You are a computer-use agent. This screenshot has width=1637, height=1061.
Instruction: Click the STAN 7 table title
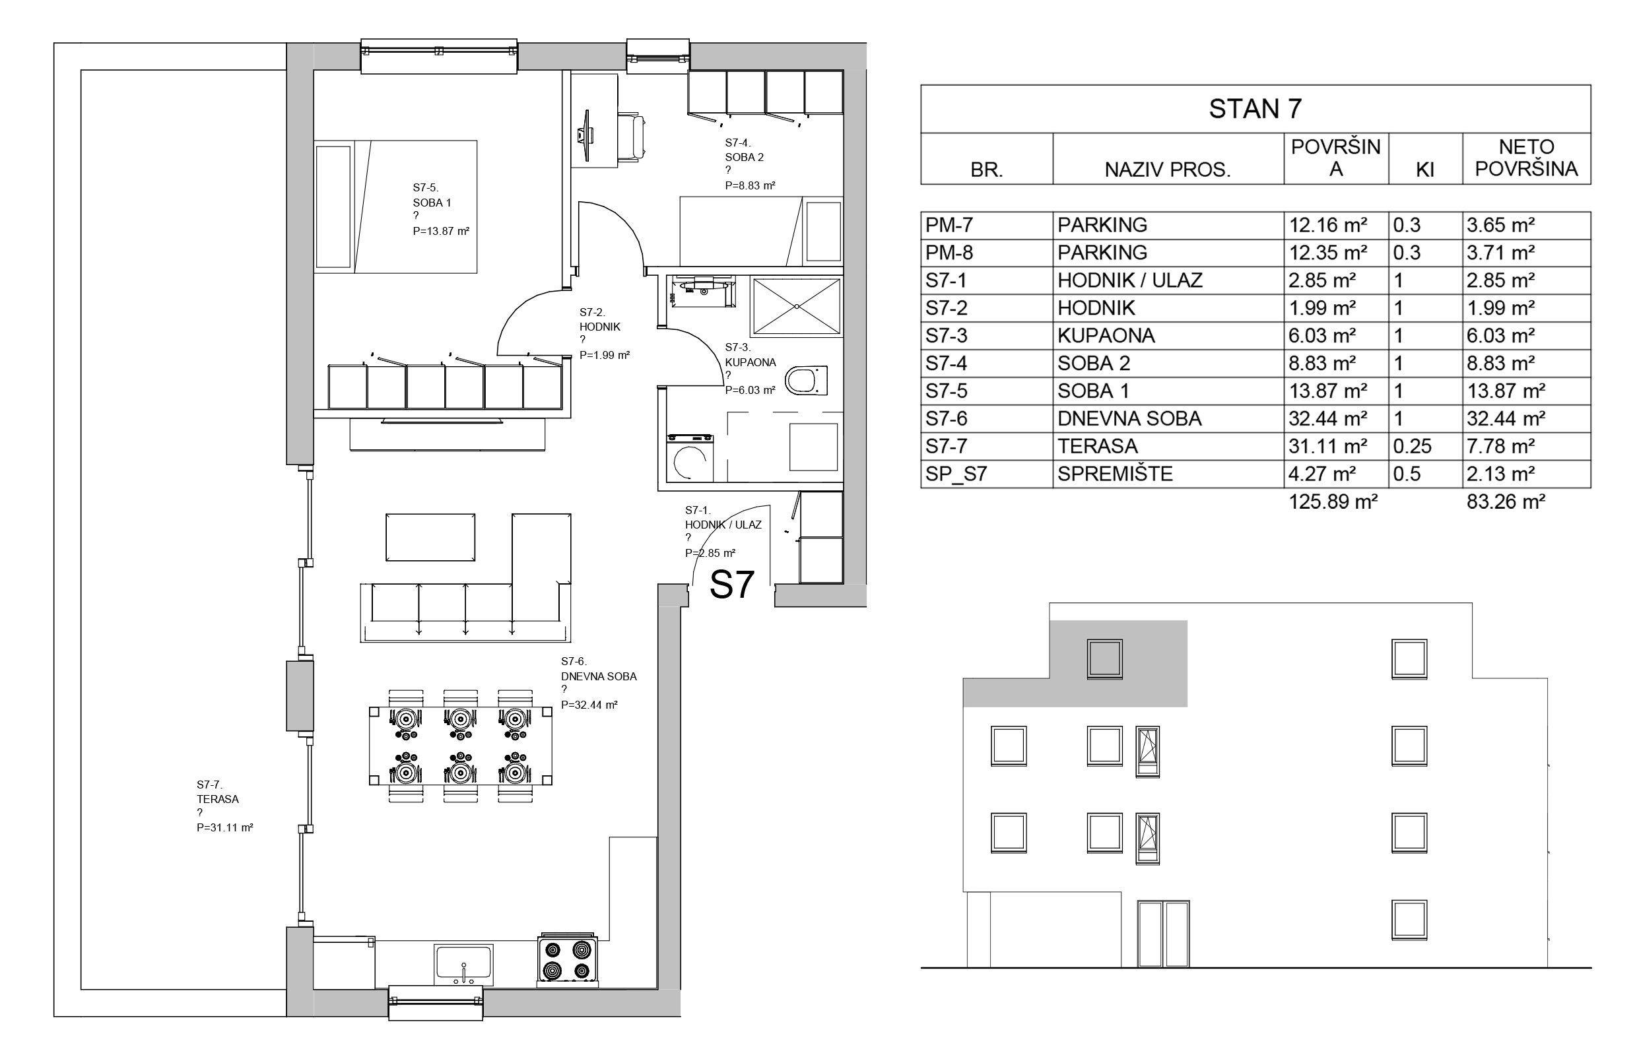1255,109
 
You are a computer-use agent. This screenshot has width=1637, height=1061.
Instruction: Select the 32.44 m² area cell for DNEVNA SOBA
1327,419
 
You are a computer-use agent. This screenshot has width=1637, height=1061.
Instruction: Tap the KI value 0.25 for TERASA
1412,446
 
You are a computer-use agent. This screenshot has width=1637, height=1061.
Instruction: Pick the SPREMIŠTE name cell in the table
1114,474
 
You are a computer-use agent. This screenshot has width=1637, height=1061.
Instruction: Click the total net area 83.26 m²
1506,501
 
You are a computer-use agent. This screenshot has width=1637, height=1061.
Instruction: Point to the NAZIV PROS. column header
1167,169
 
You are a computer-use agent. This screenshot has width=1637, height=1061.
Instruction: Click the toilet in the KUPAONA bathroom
805,380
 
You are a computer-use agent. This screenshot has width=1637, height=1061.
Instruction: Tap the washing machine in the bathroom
689,457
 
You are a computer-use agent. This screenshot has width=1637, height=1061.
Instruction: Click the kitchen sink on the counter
463,965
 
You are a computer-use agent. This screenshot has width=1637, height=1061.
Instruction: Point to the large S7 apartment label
732,585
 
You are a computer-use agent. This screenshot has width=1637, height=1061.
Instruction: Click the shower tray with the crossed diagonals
797,305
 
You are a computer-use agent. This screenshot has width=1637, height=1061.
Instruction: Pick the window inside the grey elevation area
1104,659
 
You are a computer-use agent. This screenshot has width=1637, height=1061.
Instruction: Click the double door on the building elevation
1163,934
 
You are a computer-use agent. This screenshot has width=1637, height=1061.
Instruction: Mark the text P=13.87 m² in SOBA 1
441,231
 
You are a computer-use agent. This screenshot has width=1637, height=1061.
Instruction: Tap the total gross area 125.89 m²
1333,501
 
